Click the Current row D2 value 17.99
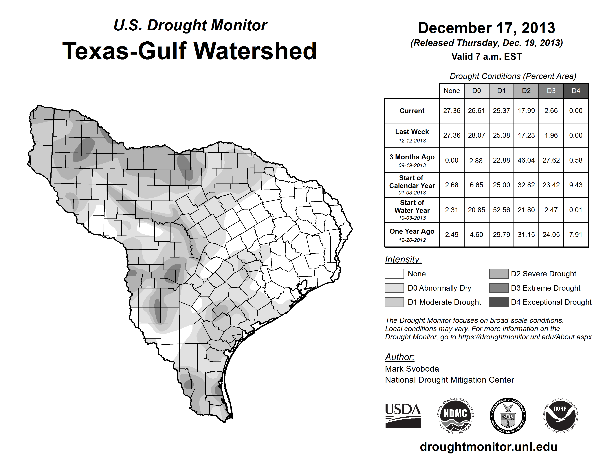point(526,111)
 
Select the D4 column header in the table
point(576,91)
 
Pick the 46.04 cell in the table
point(526,160)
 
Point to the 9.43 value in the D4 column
point(576,185)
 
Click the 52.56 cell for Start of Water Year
point(501,210)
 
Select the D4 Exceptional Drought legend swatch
point(499,302)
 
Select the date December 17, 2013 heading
point(486,28)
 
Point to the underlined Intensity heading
point(403,260)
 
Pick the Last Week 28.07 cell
point(476,136)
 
